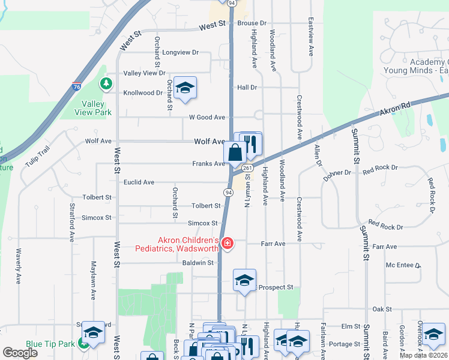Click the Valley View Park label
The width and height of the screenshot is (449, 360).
point(93,107)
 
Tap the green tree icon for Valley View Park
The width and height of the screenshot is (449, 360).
point(106,83)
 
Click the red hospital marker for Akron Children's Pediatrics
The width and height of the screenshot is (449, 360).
point(228,244)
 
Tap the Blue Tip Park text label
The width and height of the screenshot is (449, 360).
point(49,352)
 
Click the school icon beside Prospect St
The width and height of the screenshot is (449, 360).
point(244,281)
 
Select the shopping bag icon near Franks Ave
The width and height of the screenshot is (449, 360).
point(235,152)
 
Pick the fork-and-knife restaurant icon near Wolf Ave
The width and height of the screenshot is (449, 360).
point(251,144)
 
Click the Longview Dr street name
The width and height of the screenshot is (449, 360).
point(180,52)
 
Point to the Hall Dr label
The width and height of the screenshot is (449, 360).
point(247,87)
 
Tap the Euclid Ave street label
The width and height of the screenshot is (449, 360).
point(139,182)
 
